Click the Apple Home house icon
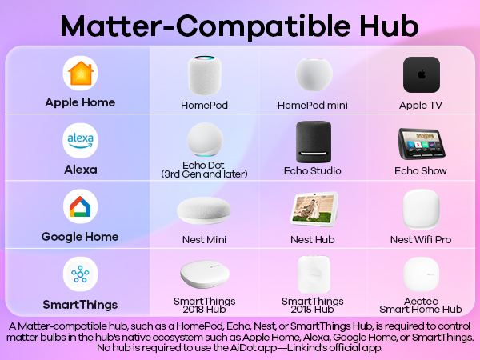80,74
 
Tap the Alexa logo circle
80,141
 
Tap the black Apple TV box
422,75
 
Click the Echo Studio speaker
313,142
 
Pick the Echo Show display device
422,145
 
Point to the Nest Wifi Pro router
422,210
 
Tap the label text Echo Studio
313,171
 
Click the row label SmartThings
80,305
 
